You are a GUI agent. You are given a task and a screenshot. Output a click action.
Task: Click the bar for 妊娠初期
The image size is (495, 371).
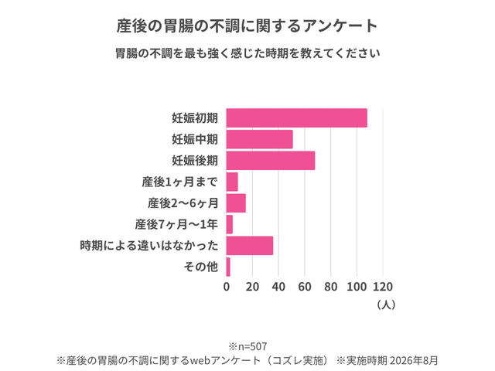coord(297,118)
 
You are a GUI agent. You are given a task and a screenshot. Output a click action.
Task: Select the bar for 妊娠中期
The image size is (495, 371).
coord(260,139)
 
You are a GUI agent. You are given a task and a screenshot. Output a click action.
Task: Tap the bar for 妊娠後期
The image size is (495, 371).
coord(271,161)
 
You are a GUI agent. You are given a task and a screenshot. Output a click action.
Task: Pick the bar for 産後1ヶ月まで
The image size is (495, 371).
coord(232,182)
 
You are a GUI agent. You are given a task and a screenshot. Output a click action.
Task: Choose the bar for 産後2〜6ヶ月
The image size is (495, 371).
coord(236,203)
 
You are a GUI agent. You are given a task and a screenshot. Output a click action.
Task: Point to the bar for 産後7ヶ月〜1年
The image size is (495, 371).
coord(230,224)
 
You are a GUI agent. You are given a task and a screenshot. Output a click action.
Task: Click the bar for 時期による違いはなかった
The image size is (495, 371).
coord(250,246)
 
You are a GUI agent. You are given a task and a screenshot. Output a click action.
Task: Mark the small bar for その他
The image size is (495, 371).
coord(228,267)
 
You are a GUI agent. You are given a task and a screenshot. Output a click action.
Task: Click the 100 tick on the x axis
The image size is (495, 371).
coord(357,287)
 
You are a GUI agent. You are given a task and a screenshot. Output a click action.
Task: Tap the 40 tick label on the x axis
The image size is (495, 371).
coord(278,287)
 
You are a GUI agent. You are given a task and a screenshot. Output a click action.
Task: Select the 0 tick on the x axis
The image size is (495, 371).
coord(227,287)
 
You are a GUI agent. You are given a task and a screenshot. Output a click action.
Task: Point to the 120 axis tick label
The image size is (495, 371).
coord(383,287)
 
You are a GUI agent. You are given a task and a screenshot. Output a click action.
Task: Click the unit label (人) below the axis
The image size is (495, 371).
coord(386,305)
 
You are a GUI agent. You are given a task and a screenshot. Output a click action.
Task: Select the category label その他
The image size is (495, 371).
coord(201,267)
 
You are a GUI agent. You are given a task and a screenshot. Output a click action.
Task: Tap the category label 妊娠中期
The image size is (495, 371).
coord(195,139)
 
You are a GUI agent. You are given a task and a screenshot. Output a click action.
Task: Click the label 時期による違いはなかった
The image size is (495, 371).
coord(149,246)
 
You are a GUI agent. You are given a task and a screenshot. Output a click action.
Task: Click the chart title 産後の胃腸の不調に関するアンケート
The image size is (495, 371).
coord(247,26)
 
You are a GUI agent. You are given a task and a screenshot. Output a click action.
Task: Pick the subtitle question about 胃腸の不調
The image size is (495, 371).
coord(247,53)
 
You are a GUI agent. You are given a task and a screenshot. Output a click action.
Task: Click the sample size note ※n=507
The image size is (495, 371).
coord(247,347)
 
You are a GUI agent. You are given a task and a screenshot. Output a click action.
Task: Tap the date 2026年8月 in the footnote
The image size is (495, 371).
coord(413,360)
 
